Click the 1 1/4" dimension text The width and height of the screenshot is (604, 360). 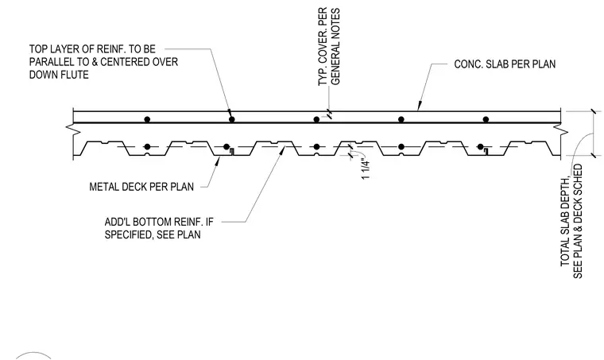pyautogui.click(x=366, y=169)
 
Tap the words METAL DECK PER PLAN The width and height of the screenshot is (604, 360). pyautogui.click(x=141, y=187)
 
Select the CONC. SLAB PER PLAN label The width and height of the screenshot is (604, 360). pyautogui.click(x=505, y=64)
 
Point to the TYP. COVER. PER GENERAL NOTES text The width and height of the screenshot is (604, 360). pyautogui.click(x=329, y=46)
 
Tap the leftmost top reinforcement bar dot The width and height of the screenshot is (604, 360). pyautogui.click(x=147, y=119)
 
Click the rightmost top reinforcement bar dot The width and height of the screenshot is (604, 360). pyautogui.click(x=486, y=119)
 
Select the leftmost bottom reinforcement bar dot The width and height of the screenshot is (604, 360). pyautogui.click(x=147, y=147)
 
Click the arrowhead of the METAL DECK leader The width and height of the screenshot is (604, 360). pyautogui.click(x=217, y=161)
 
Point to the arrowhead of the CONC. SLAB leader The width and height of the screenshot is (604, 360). pyautogui.click(x=420, y=106)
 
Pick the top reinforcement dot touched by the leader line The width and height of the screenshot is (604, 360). pyautogui.click(x=231, y=119)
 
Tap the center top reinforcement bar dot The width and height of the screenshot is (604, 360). pyautogui.click(x=316, y=119)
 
